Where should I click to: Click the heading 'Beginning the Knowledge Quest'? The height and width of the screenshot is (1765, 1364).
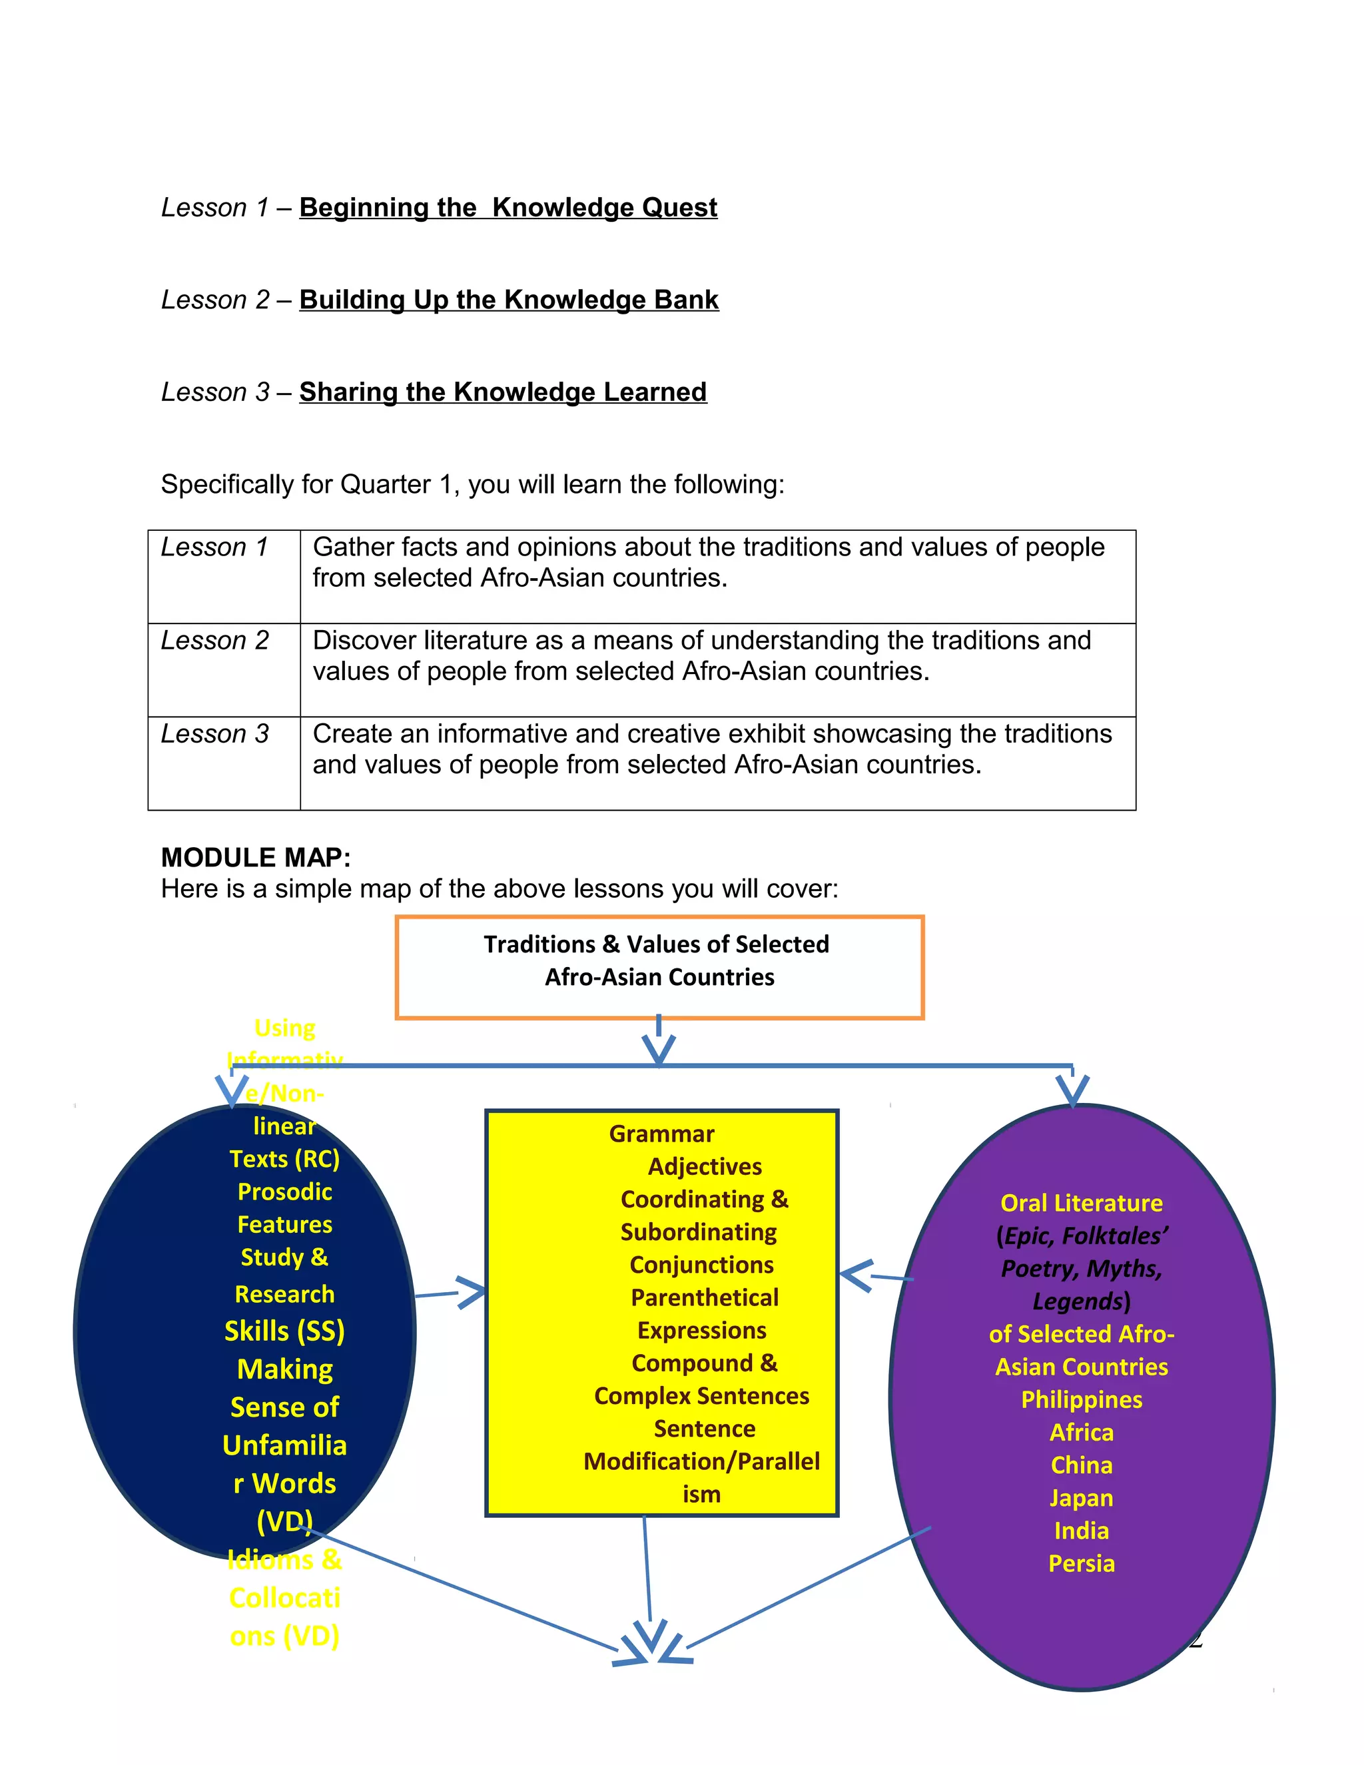pyautogui.click(x=508, y=208)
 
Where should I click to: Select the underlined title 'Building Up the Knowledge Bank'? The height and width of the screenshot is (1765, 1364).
pyautogui.click(x=508, y=300)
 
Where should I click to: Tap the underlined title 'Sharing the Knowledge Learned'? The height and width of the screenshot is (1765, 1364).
pyautogui.click(x=503, y=392)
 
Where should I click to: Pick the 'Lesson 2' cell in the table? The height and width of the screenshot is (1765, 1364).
pyautogui.click(x=215, y=640)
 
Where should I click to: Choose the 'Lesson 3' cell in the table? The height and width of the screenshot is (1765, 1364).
pyautogui.click(x=215, y=734)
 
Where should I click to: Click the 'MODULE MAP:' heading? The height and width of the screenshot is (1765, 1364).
pyautogui.click(x=255, y=857)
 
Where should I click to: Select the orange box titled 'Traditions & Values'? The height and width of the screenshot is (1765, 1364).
pyautogui.click(x=659, y=966)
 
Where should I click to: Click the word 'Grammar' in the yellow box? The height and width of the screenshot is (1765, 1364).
pyautogui.click(x=662, y=1134)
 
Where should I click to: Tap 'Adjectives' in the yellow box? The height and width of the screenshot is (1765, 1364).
pyautogui.click(x=705, y=1167)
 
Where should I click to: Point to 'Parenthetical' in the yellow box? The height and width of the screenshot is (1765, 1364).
pyautogui.click(x=705, y=1298)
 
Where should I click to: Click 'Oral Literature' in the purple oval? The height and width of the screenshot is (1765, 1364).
pyautogui.click(x=1081, y=1204)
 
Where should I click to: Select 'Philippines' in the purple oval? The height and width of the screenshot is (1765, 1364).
pyautogui.click(x=1081, y=1400)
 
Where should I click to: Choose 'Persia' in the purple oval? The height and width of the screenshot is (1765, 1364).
pyautogui.click(x=1081, y=1564)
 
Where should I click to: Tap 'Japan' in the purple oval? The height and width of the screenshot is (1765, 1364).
pyautogui.click(x=1081, y=1499)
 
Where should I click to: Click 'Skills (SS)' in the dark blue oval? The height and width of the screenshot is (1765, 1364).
pyautogui.click(x=284, y=1331)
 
